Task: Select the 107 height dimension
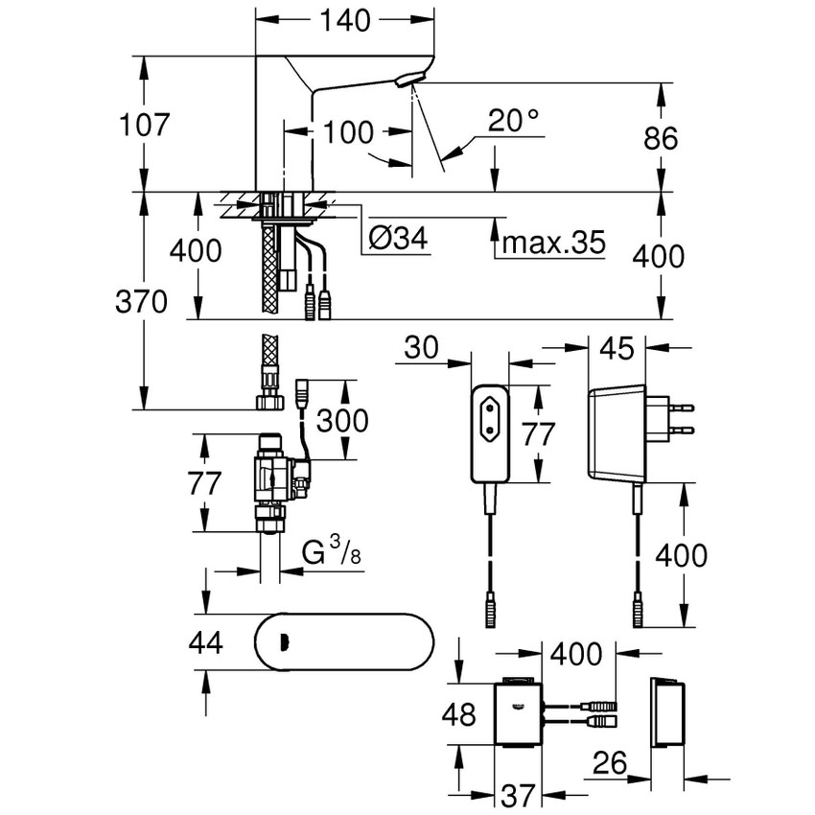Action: tap(145, 125)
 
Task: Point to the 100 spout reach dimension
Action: tap(347, 132)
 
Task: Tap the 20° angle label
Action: tap(513, 121)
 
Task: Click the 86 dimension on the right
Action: tap(659, 137)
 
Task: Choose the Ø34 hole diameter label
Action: tap(398, 241)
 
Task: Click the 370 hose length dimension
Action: tap(141, 302)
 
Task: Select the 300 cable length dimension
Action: tap(342, 420)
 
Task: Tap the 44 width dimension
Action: tap(204, 641)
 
